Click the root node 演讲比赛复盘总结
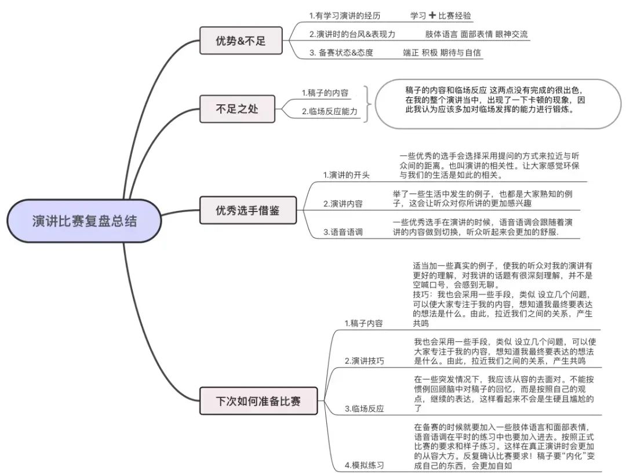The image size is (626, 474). coord(85,221)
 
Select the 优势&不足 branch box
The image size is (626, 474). coord(241,41)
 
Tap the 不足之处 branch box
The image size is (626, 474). coord(237,108)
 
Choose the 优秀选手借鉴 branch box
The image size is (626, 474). coord(248,210)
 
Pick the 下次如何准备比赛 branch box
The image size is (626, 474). coord(259,400)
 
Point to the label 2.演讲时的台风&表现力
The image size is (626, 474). coord(352,34)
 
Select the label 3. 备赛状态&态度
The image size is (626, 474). coord(341,53)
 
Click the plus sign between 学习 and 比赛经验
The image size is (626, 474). coord(432,15)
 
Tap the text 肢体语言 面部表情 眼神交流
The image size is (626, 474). coord(476,34)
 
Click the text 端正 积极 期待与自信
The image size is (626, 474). coord(442,53)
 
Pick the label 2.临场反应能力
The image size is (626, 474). coord(330,111)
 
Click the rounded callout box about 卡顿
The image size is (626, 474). coord(495,104)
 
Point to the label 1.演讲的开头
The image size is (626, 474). coord(346,175)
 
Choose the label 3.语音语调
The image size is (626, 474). coord(343,232)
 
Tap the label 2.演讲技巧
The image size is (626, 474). coord(364,360)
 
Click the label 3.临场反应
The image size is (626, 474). coord(364,409)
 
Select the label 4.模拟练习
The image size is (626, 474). coord(364,465)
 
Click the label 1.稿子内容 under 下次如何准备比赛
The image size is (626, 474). coord(363,323)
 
